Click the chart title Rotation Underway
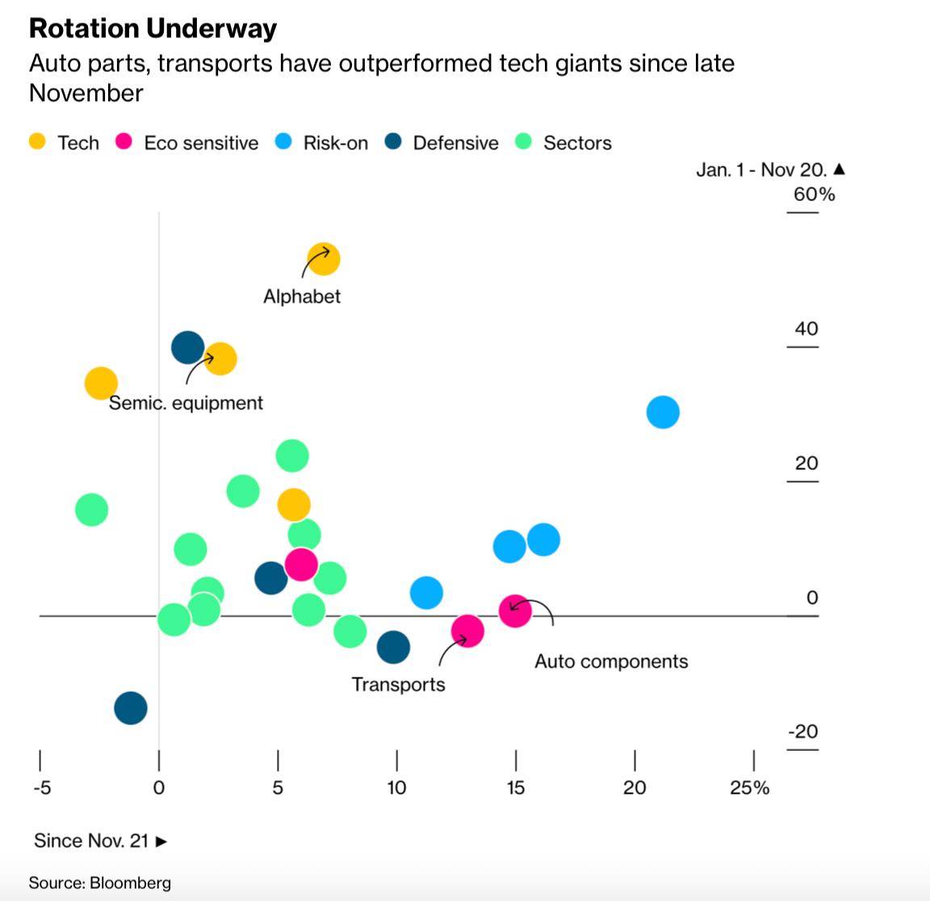pyautogui.click(x=153, y=29)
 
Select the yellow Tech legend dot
pyautogui.click(x=37, y=142)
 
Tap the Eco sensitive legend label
pyautogui.click(x=201, y=143)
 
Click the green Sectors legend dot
pyautogui.click(x=524, y=142)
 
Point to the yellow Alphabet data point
pyautogui.click(x=324, y=259)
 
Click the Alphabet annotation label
pyautogui.click(x=302, y=296)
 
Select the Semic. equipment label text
pyautogui.click(x=186, y=403)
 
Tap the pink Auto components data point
pyautogui.click(x=515, y=610)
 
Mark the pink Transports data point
pyautogui.click(x=467, y=631)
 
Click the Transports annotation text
pyautogui.click(x=398, y=685)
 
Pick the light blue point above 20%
pyautogui.click(x=663, y=412)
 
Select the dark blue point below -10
pyautogui.click(x=131, y=708)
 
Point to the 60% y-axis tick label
pyautogui.click(x=814, y=195)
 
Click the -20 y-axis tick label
pyautogui.click(x=803, y=731)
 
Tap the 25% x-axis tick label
pyautogui.click(x=749, y=788)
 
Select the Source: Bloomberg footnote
pyautogui.click(x=100, y=882)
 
